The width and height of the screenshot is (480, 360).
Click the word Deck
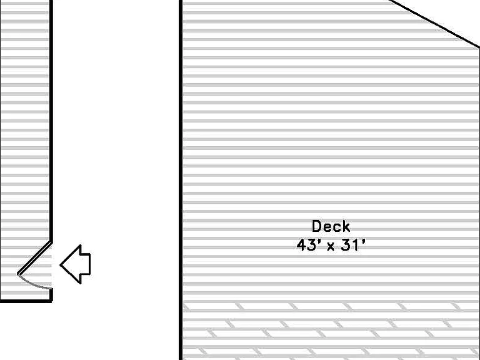pyautogui.click(x=331, y=226)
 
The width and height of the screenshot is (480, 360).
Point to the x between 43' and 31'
pyautogui.click(x=331, y=246)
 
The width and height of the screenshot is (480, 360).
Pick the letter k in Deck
pyautogui.click(x=346, y=226)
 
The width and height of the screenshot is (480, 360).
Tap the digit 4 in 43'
pyautogui.click(x=301, y=245)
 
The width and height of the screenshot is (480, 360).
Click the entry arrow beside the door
pyautogui.click(x=75, y=264)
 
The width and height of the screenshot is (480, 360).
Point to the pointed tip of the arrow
pyautogui.click(x=60, y=265)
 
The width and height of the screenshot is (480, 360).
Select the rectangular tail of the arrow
pyautogui.click(x=86, y=264)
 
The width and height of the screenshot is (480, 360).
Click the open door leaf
pyautogui.click(x=34, y=258)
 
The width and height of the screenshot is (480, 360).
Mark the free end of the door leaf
pyautogui.click(x=18, y=274)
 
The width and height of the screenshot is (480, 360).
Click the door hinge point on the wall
pyautogui.click(x=51, y=242)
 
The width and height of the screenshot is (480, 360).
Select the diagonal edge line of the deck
pyautogui.click(x=434, y=24)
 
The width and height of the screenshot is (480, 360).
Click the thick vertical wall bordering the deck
pyautogui.click(x=181, y=180)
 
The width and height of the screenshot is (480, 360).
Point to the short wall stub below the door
pyautogui.click(x=51, y=294)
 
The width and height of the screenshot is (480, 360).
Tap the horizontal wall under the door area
pyautogui.click(x=26, y=301)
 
